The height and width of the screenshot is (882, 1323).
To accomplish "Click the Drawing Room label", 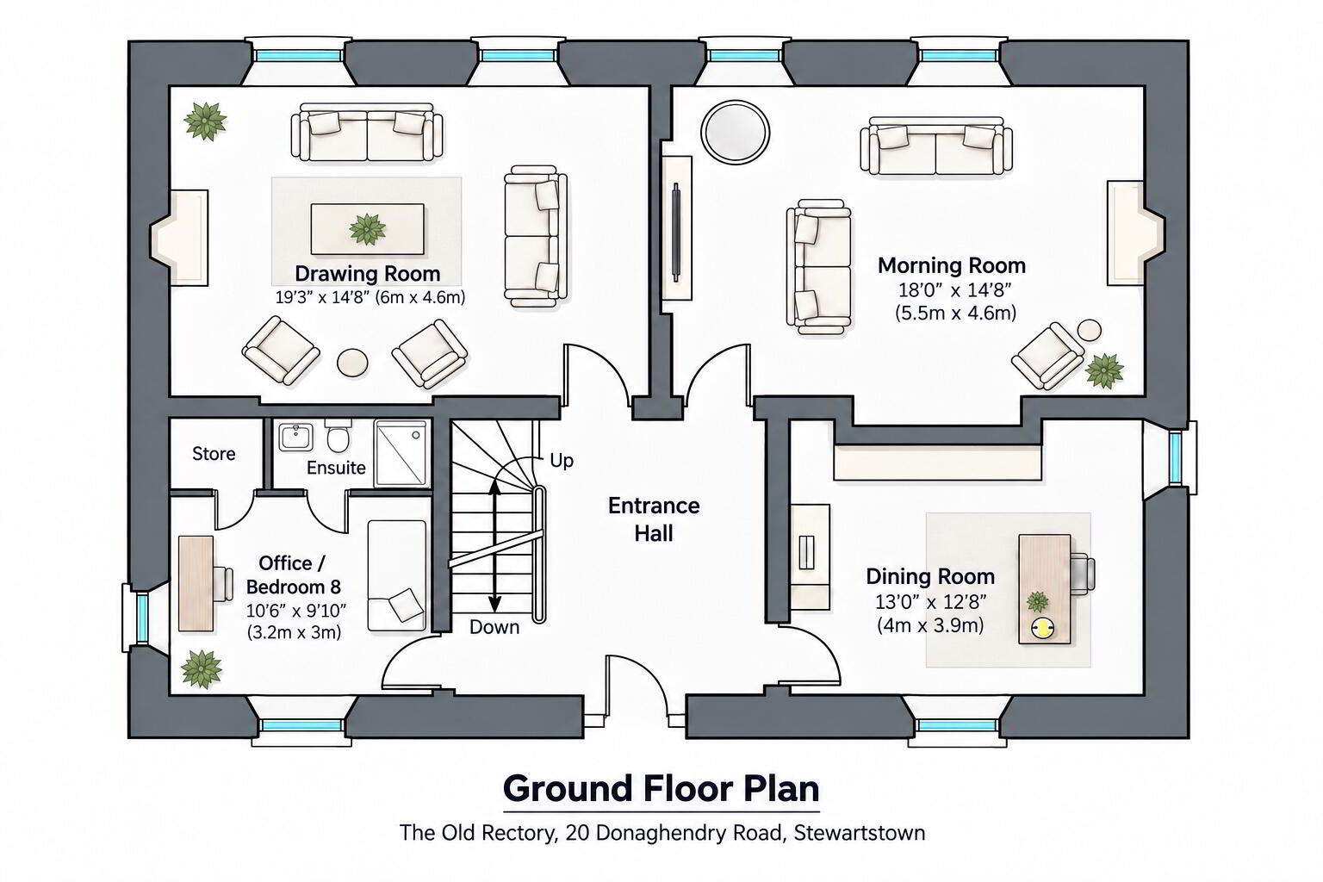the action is click(368, 274).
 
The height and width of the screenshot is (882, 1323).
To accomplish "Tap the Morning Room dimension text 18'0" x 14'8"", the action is click(955, 290).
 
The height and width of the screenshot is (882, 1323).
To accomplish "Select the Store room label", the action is click(214, 454).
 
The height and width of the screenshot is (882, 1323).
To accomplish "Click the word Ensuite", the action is click(336, 468).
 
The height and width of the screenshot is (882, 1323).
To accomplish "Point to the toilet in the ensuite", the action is click(339, 436).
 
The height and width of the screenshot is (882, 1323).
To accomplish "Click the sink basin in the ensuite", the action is click(295, 438).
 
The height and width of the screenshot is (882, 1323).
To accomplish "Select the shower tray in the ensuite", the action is click(401, 454).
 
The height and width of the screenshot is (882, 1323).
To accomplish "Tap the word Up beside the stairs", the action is click(561, 461).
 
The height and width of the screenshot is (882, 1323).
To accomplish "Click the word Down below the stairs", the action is click(494, 627).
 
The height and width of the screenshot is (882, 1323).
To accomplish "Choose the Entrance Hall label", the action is click(654, 520).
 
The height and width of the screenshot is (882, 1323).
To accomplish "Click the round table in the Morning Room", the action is click(735, 132).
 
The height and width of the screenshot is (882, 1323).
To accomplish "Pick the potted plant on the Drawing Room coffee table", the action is click(368, 229).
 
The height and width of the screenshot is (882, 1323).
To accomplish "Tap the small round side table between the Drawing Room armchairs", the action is click(352, 362).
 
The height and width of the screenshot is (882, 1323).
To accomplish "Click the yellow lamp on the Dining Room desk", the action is click(1042, 628).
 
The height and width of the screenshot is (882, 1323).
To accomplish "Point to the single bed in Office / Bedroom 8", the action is click(396, 575).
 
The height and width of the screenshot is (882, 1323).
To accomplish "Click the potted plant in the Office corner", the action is click(202, 668).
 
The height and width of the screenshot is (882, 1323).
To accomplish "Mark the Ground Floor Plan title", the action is click(661, 789).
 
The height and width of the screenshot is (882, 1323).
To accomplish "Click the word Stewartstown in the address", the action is click(860, 833).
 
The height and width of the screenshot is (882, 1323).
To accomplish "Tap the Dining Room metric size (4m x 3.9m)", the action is click(930, 625).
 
